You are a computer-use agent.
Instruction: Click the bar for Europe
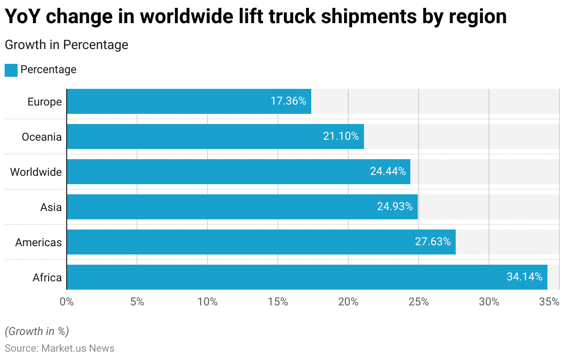[x=189, y=101]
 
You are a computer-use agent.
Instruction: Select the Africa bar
[x=307, y=277]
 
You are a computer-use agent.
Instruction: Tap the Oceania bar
[x=215, y=137]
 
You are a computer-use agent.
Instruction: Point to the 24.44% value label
[x=388, y=172]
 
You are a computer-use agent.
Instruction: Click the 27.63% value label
[x=433, y=242]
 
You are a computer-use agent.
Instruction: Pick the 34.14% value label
[x=524, y=277]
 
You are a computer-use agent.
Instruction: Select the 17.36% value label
[x=288, y=101]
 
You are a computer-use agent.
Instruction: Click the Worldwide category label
[x=36, y=172]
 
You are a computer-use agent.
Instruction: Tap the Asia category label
[x=51, y=207]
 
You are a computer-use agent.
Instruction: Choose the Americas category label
[x=38, y=242]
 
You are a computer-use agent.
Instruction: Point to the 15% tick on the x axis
[x=278, y=302]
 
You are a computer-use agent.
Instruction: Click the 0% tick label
[x=67, y=302]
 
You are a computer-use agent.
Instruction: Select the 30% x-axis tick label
[x=489, y=302]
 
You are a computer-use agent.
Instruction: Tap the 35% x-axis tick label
[x=549, y=302]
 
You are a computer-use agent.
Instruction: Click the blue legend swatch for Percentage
[x=11, y=70]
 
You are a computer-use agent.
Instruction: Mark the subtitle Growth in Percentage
[x=66, y=45]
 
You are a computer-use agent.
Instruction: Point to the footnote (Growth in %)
[x=37, y=331]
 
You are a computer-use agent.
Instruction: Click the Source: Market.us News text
[x=59, y=348]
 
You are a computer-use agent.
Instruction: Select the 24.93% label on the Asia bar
[x=395, y=207]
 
